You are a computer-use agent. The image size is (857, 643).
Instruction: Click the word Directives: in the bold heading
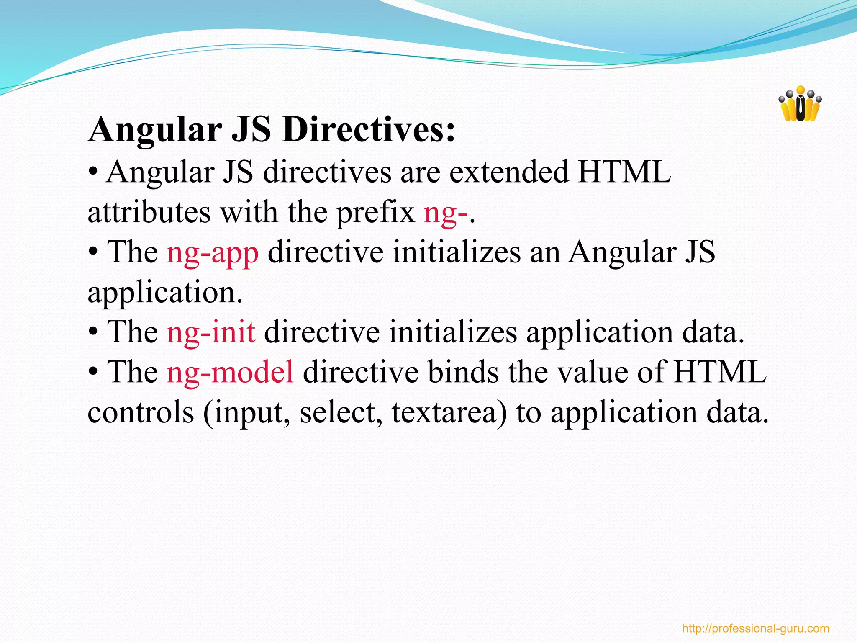[368, 130]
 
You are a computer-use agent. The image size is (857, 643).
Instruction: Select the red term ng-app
[213, 253]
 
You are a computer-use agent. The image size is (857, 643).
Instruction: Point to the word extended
[509, 172]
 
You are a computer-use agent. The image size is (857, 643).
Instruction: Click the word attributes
[149, 213]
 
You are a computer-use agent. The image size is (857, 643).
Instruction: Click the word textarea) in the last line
[449, 412]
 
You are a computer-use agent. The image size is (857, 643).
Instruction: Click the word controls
[141, 412]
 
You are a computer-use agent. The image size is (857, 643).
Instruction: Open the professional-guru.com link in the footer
[755, 628]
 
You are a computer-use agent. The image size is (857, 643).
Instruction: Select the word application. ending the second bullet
[165, 293]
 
